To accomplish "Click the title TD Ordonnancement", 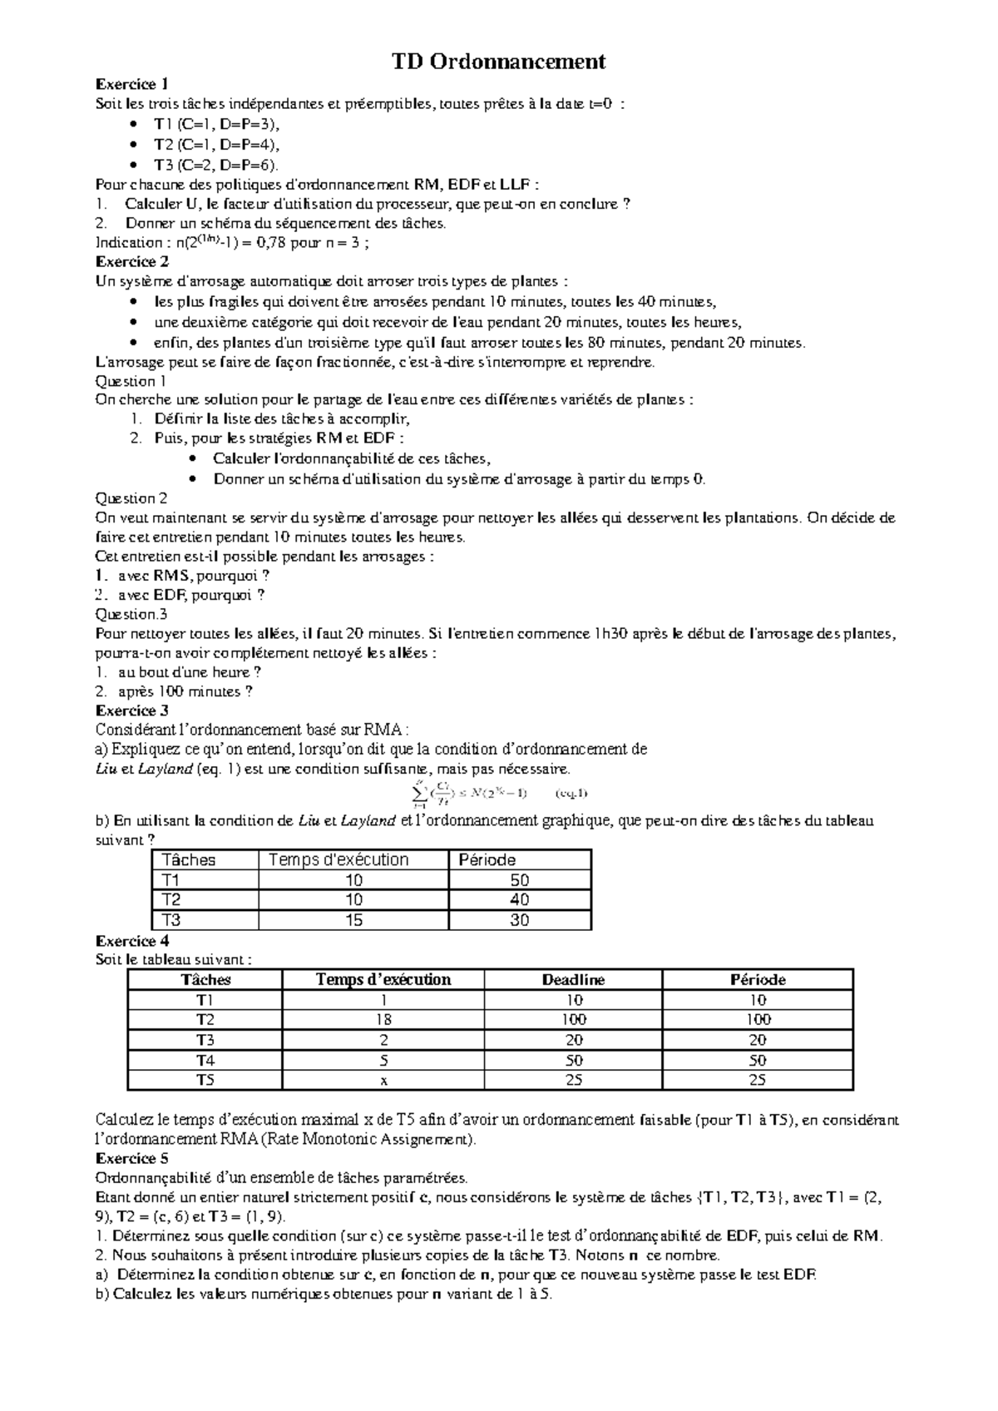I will [x=499, y=62].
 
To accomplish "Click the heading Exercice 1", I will [x=132, y=84].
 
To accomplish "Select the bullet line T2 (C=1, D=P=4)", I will [x=211, y=144].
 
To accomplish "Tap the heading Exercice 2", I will [x=132, y=261].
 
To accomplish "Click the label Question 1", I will [x=131, y=381].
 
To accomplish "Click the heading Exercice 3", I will [x=132, y=710].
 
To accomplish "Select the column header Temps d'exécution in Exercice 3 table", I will [x=338, y=860].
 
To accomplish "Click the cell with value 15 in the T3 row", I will [x=353, y=920].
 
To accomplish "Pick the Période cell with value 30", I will [x=520, y=920].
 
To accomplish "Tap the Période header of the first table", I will [x=487, y=860].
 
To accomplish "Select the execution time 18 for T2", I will [x=383, y=1020].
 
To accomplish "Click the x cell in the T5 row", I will [x=383, y=1081].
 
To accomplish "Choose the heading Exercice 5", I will [x=132, y=1158].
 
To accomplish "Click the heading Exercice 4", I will [x=132, y=941].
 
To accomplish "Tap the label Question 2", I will [x=131, y=498].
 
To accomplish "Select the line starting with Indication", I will [x=233, y=243].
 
